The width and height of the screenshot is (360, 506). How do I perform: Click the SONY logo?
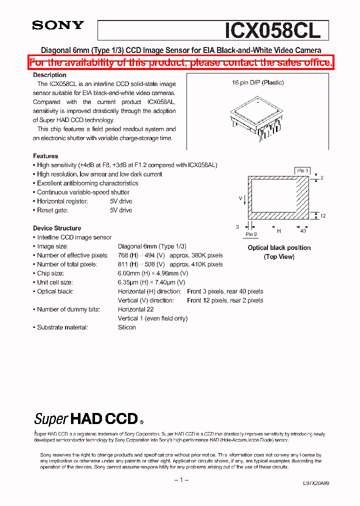point(58,26)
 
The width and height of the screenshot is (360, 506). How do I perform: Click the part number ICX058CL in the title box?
point(272,30)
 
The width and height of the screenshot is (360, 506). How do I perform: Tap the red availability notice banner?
point(180,62)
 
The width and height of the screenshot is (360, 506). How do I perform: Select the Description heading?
point(49,75)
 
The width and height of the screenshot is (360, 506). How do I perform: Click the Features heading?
point(45,156)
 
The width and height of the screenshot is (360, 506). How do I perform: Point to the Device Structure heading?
point(57,228)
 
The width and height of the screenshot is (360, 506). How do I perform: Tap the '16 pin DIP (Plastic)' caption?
point(257,82)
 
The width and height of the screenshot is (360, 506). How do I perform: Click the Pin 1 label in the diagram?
point(302,171)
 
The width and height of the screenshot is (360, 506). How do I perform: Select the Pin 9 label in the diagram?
point(251,234)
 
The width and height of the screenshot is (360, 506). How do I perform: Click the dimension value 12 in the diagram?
point(323,215)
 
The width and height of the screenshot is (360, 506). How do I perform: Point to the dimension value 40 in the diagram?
point(303,231)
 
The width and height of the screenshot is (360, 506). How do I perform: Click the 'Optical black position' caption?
point(279,247)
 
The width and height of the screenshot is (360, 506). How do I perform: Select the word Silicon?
point(127,327)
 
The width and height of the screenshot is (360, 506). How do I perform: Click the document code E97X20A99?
point(316,484)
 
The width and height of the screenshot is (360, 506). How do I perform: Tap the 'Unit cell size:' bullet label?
point(54,282)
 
